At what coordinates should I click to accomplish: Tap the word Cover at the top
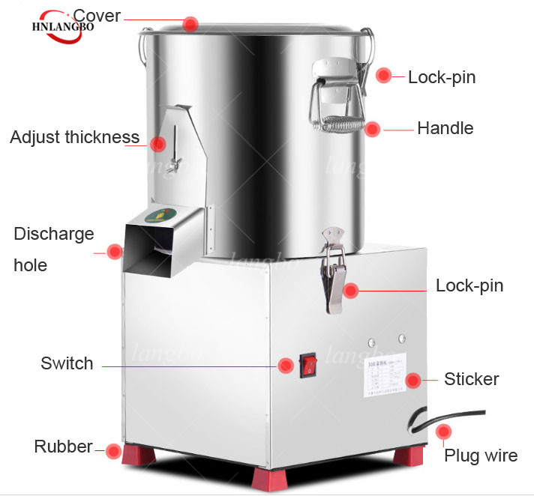click(97, 16)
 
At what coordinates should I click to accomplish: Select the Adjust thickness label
click(74, 137)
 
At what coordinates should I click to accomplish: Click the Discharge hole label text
click(53, 249)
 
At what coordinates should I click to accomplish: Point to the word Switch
click(67, 364)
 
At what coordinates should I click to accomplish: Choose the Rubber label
click(63, 447)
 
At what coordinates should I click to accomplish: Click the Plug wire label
click(481, 456)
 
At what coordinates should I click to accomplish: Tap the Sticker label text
click(471, 379)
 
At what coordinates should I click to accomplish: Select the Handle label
click(445, 128)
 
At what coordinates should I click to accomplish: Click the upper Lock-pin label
click(442, 77)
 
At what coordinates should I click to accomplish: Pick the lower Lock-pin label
click(469, 285)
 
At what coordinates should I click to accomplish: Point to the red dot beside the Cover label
click(191, 24)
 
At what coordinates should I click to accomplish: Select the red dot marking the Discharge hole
click(114, 252)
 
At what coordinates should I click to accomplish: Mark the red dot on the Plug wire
click(444, 432)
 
